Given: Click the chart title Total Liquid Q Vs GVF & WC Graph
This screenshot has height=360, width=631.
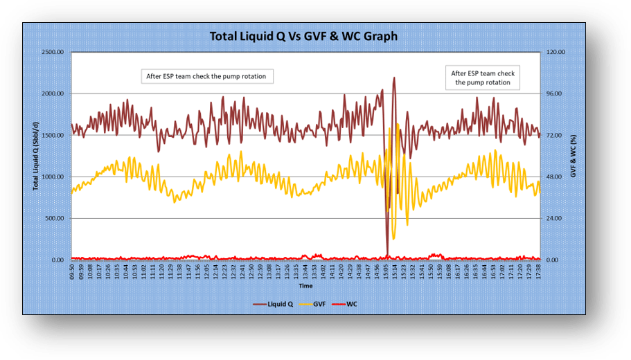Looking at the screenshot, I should (x=304, y=36).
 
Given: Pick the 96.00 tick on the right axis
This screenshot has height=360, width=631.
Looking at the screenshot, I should (x=556, y=93).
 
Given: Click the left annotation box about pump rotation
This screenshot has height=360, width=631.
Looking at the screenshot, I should (x=206, y=75).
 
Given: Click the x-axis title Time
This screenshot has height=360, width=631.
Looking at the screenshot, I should (x=305, y=285).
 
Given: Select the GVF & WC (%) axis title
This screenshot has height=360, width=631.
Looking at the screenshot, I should (x=573, y=155).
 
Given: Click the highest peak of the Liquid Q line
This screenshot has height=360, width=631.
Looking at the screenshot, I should (x=394, y=78).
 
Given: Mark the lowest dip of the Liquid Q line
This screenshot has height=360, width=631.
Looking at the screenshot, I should (x=388, y=254).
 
